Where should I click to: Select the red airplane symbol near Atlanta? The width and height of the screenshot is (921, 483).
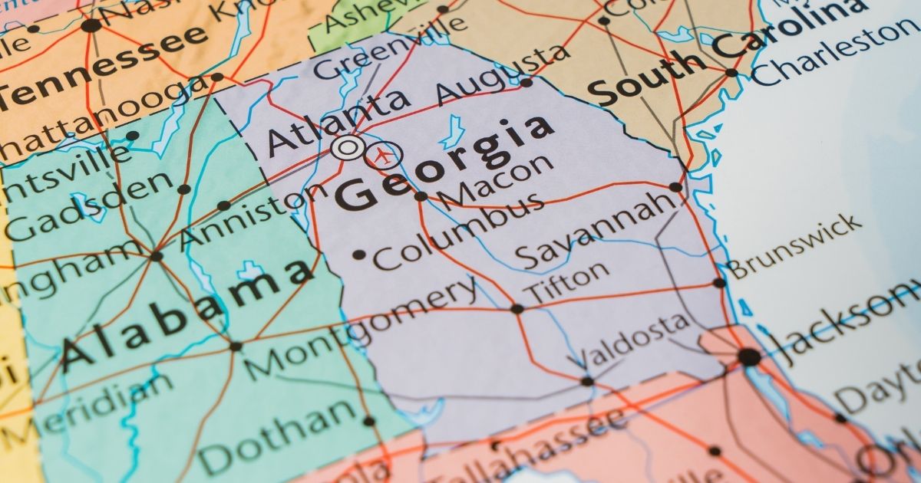pyautogui.click(x=382, y=156)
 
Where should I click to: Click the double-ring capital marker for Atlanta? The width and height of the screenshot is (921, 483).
pyautogui.click(x=348, y=146)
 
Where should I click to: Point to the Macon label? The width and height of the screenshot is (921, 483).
pyautogui.click(x=496, y=182)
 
